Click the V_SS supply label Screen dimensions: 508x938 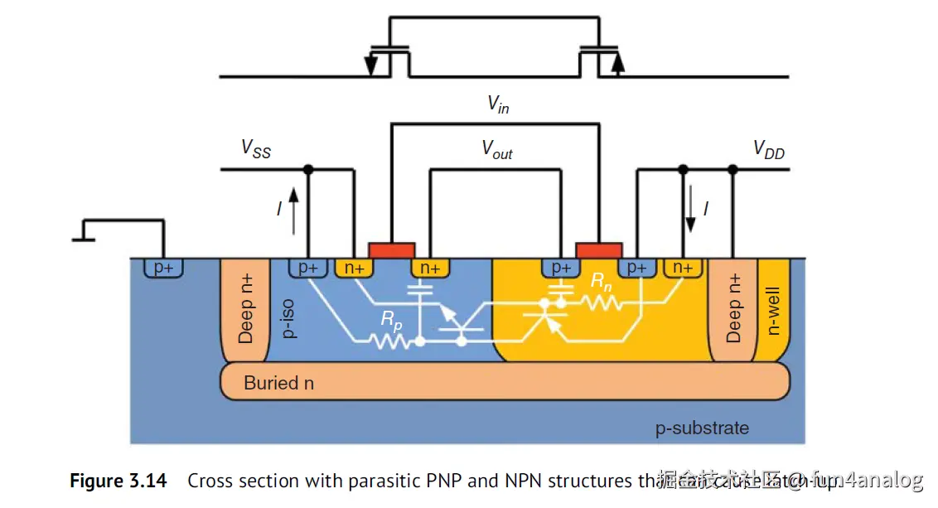coord(256,149)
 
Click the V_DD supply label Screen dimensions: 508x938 coord(768,150)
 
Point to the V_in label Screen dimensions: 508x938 coord(497,104)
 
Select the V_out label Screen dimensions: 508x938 coord(497,149)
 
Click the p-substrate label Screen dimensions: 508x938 coord(702,428)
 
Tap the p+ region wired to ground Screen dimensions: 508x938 coord(163,267)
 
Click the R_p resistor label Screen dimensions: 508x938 coord(391,322)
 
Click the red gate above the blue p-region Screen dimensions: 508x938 coord(392,249)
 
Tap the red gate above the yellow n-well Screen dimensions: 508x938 coord(598,249)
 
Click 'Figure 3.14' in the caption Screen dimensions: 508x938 coord(118,481)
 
